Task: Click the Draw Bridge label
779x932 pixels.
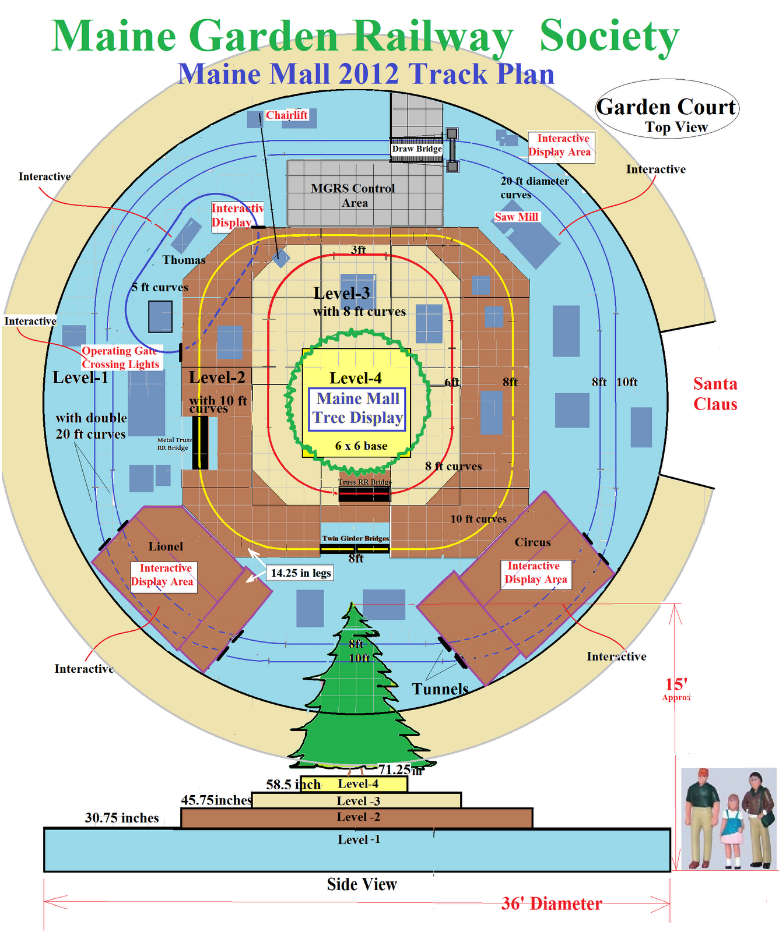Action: (416, 149)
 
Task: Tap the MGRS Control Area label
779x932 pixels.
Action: (353, 195)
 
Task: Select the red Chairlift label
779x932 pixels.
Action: (286, 115)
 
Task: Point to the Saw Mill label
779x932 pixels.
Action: (517, 217)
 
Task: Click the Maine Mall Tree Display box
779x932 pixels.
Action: (357, 409)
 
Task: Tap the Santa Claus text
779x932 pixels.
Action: (715, 394)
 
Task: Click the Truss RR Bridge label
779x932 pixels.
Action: (365, 482)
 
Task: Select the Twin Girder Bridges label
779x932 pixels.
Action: (356, 538)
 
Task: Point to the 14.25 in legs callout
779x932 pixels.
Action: (301, 573)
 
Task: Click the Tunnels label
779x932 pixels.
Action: (440, 689)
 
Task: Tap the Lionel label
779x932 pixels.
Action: (166, 546)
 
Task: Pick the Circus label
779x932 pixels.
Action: (532, 542)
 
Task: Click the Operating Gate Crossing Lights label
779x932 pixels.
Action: (121, 358)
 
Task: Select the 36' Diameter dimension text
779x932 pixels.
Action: (552, 903)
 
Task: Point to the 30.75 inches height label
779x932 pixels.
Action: (122, 818)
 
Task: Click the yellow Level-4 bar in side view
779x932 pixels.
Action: (362, 784)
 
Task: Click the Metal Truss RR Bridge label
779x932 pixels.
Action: (173, 444)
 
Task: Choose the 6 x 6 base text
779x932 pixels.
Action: (361, 446)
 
